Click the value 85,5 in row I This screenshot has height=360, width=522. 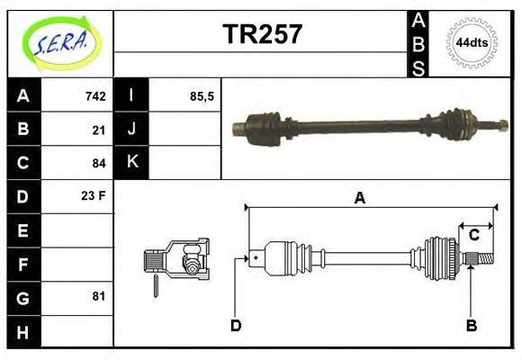pos(202,96)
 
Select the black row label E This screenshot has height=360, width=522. pos(22,229)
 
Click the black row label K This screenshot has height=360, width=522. pos(132,163)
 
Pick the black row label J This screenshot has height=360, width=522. pos(132,130)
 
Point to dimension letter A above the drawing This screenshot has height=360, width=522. pos(359,199)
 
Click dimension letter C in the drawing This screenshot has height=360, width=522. pos(473,236)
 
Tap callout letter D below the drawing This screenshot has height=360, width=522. pos(236,326)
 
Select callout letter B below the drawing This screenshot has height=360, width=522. pos(471,326)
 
